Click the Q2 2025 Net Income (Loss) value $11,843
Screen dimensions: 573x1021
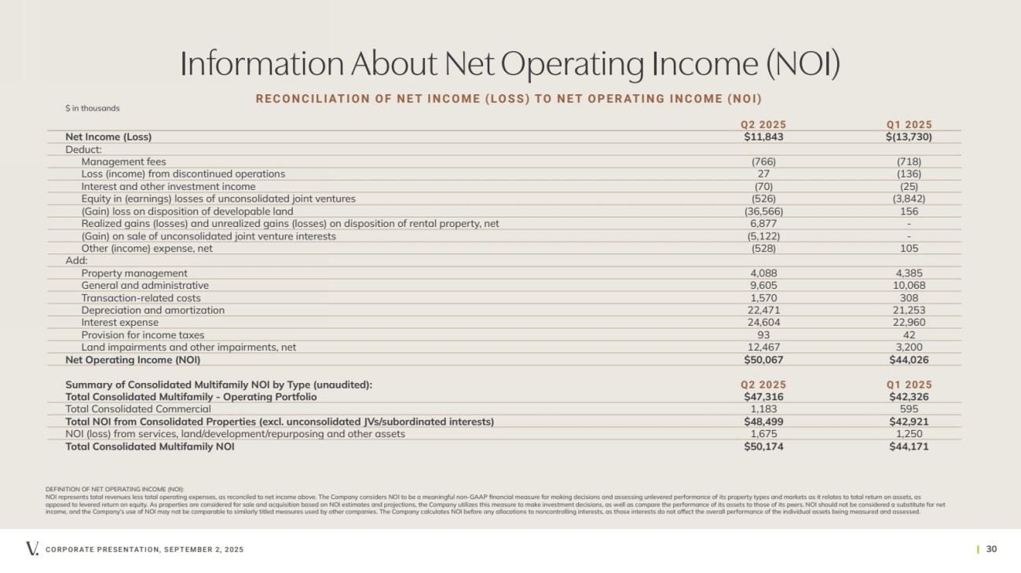(763, 137)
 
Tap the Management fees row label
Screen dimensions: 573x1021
(123, 162)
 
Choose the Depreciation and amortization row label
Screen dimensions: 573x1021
(152, 310)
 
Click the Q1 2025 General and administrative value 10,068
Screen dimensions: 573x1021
(910, 285)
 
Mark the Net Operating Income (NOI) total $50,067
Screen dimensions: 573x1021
(763, 359)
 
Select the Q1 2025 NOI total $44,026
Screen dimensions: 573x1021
(910, 359)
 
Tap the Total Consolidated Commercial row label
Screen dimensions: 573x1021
(138, 409)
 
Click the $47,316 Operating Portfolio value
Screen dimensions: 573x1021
(763, 396)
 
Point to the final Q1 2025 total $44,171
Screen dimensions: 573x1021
(910, 447)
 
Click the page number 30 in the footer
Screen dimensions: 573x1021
(990, 549)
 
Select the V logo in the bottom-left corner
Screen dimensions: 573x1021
(31, 549)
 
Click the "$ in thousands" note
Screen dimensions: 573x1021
(93, 108)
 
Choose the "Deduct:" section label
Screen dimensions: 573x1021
(84, 149)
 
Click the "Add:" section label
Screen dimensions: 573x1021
(77, 261)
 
